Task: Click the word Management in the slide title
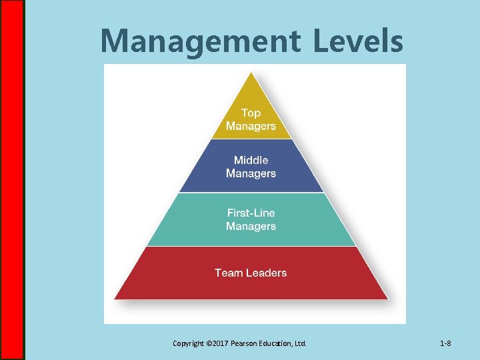tap(200, 41)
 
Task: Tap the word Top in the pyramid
tap(251, 113)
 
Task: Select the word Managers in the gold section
tap(251, 126)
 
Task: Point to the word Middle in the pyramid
tap(251, 160)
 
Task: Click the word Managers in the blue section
tap(251, 173)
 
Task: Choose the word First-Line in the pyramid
tap(251, 213)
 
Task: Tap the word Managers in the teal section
tap(251, 227)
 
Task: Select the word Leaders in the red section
tap(265, 273)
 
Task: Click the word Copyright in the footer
tap(189, 344)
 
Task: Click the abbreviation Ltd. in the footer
tap(301, 344)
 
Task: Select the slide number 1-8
tap(445, 344)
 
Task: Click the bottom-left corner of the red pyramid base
tap(115, 299)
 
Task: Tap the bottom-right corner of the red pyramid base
tap(387, 299)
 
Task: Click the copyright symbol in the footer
tap(210, 344)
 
